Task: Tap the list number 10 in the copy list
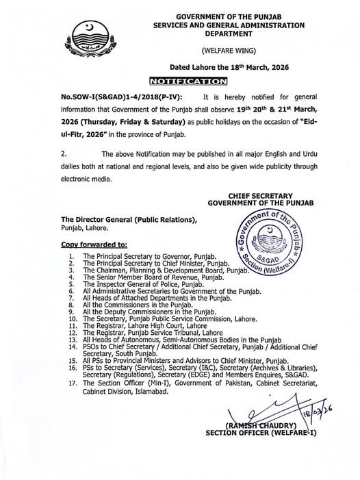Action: tap(72, 318)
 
